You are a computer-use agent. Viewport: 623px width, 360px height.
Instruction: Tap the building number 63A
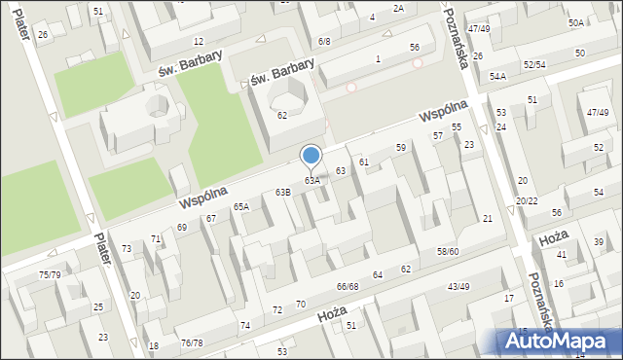click(311, 181)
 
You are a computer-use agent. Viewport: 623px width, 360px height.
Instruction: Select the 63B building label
click(282, 193)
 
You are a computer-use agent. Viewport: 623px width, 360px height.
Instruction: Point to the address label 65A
click(240, 206)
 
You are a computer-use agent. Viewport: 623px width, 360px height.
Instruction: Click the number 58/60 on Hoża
click(448, 251)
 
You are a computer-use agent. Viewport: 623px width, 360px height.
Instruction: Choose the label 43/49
click(458, 286)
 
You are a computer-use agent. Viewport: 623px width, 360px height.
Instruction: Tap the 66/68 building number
click(348, 286)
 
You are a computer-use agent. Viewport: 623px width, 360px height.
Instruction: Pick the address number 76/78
click(192, 342)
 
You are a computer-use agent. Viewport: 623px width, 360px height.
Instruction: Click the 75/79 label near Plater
click(49, 275)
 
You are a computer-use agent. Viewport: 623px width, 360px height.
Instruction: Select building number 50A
click(576, 22)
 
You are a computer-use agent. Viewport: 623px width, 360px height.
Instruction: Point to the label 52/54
click(534, 64)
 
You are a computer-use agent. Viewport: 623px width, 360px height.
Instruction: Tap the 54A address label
click(497, 76)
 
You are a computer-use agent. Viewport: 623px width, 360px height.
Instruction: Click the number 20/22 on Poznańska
click(527, 200)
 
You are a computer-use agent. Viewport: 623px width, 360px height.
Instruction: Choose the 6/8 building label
click(324, 41)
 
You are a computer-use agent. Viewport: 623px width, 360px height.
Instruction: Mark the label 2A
click(398, 8)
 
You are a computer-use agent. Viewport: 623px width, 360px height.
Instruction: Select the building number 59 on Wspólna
click(400, 147)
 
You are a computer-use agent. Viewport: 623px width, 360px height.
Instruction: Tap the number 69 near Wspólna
click(181, 228)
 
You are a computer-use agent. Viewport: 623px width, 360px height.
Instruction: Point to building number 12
click(199, 41)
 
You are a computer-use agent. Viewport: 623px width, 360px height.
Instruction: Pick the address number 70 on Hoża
click(301, 305)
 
